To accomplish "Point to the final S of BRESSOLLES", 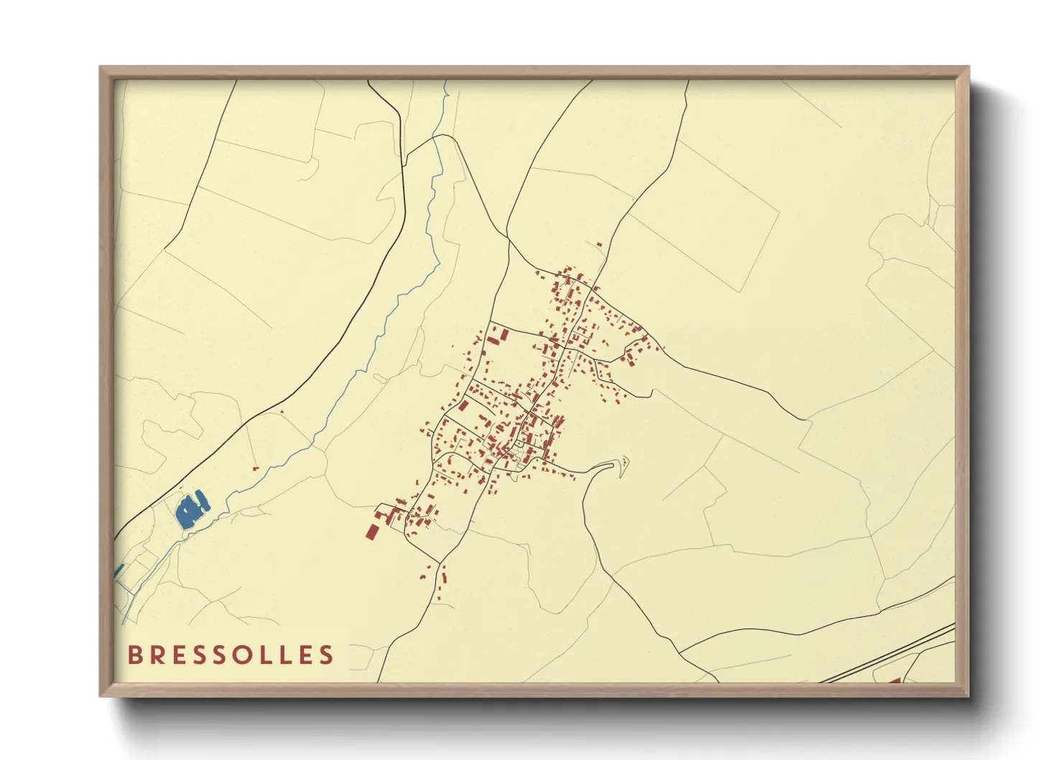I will [327, 655].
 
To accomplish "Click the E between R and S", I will [182, 655].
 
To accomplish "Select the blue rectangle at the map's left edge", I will [119, 570].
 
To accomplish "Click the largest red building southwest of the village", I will [372, 532].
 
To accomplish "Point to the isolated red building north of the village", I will [599, 245].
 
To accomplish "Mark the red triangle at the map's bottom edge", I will [895, 680].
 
